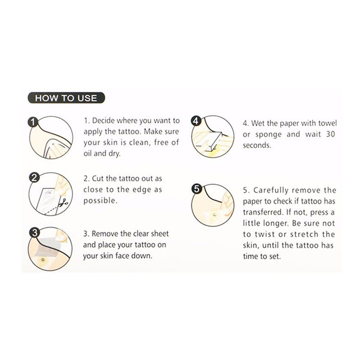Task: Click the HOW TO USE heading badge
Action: [66, 98]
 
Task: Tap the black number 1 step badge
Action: [32, 122]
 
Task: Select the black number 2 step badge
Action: [34, 178]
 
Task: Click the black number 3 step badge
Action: [35, 233]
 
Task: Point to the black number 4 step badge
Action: [196, 120]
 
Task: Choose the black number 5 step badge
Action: [196, 189]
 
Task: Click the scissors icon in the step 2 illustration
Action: [64, 202]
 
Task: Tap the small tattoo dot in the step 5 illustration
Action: [215, 215]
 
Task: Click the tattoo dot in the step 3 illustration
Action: [43, 260]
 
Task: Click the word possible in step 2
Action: [100, 201]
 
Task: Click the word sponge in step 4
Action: [268, 134]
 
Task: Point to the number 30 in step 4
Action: [330, 134]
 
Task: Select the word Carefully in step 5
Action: [271, 190]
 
